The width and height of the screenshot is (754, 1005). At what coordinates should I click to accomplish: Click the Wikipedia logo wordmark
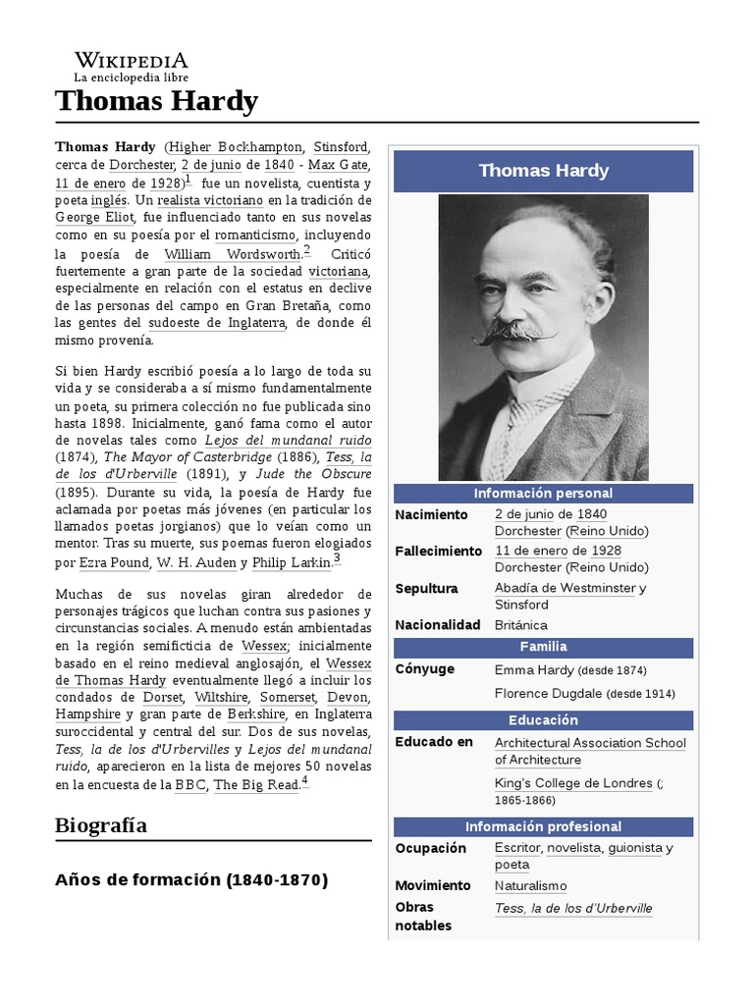click(x=131, y=59)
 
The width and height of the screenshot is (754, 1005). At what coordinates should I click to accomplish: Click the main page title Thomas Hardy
click(x=156, y=100)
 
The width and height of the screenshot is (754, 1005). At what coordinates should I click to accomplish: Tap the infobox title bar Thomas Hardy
click(x=543, y=171)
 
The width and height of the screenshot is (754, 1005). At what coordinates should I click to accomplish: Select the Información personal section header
click(x=543, y=494)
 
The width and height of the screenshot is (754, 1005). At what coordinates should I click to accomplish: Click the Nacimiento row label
click(x=432, y=514)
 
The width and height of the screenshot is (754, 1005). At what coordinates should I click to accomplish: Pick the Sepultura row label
click(x=426, y=588)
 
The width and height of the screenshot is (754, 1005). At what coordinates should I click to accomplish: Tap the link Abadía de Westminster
click(x=565, y=588)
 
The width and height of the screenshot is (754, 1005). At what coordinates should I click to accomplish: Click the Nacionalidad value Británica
click(x=520, y=625)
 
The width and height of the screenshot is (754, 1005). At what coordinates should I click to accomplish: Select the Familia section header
click(x=543, y=647)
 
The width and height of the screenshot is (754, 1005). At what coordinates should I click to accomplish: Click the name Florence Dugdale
click(x=548, y=693)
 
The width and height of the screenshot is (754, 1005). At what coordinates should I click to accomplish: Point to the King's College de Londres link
click(x=573, y=783)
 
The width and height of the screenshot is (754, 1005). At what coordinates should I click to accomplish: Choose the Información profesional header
click(x=543, y=826)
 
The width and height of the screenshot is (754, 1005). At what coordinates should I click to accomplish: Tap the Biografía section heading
click(x=101, y=824)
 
